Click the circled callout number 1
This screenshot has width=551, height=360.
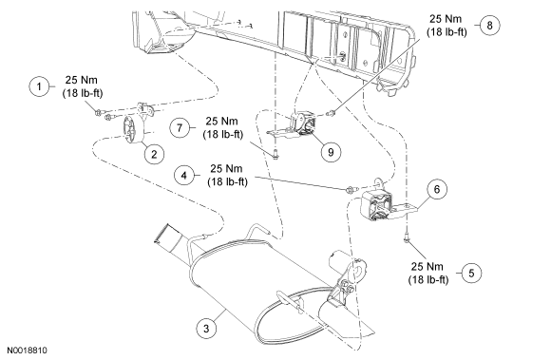39,86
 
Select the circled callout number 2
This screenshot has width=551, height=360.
154,154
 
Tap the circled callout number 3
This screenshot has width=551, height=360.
206,329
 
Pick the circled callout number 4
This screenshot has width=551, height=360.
184,175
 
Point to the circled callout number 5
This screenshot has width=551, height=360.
471,273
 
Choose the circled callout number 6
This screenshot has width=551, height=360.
437,189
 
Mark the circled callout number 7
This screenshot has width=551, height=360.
180,127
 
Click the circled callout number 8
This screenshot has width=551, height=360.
489,25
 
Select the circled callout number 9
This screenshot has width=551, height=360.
331,152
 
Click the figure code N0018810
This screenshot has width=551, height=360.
27,351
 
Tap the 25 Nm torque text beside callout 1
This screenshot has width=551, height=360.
81,80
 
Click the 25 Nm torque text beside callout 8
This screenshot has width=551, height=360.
446,19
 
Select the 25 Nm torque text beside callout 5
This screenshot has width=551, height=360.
427,266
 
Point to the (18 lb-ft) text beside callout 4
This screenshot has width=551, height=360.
227,181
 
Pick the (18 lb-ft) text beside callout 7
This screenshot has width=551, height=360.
223,134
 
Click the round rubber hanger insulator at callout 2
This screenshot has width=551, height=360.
132,131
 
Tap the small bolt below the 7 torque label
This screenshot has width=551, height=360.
275,154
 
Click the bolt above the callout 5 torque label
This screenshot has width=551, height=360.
407,238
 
